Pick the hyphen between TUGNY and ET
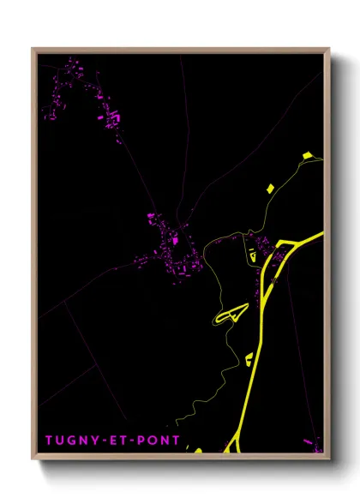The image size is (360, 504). coord(105,441)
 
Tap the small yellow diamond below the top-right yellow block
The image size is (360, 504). coord(269,187)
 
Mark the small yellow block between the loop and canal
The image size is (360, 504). coord(249,359)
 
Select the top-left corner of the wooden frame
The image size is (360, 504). coord(33,49)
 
